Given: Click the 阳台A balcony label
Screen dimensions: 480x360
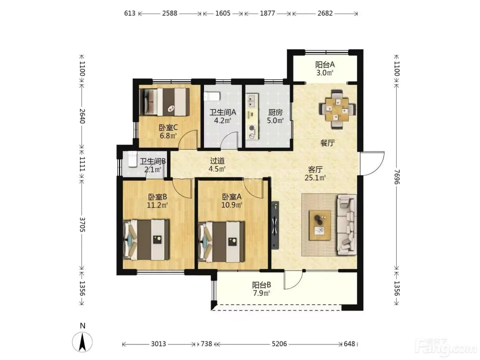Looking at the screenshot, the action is [325, 65].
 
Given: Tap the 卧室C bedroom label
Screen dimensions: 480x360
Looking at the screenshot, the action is [168, 128].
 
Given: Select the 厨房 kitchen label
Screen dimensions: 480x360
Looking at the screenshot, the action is [275, 112].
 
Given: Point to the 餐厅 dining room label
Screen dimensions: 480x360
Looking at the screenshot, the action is [327, 143].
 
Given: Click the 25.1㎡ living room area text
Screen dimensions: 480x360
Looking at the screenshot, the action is [315, 178].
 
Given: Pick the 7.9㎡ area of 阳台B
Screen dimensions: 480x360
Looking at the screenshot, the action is [261, 293].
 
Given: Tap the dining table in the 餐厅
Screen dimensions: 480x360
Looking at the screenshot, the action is [337, 109].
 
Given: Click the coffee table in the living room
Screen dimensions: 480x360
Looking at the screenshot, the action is [320, 225].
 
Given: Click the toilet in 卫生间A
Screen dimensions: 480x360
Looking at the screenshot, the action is [212, 96].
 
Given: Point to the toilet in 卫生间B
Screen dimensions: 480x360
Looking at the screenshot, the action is [132, 159].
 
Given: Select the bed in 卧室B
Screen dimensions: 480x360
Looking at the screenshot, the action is [146, 240].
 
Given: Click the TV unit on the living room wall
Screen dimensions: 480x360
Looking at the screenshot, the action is [275, 225].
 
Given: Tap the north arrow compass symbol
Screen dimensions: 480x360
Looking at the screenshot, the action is [82, 342].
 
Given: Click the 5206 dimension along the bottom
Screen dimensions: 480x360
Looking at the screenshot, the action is [279, 344].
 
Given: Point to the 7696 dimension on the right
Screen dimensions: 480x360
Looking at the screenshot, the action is [397, 177].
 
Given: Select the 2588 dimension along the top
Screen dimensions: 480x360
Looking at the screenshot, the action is [169, 13].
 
